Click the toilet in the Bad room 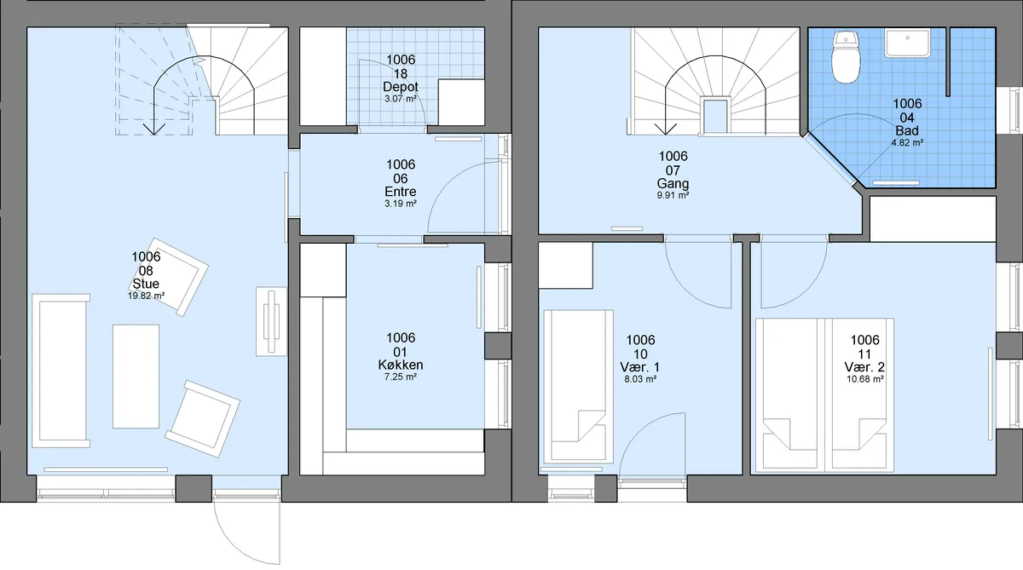[x=846, y=57]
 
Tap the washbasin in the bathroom [x=907, y=43]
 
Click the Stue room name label [x=146, y=284]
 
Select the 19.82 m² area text [x=146, y=296]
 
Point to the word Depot [x=401, y=87]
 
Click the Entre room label [x=401, y=192]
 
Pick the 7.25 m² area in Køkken [x=401, y=377]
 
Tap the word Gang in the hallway [x=673, y=184]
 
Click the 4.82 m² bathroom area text [x=907, y=142]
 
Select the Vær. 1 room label [x=640, y=367]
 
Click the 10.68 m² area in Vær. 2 [x=865, y=379]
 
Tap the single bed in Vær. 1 [x=578, y=387]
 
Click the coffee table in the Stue [x=136, y=377]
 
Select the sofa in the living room [x=61, y=371]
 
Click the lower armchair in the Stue [x=202, y=418]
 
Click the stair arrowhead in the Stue [x=154, y=129]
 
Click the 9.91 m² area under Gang [x=673, y=195]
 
